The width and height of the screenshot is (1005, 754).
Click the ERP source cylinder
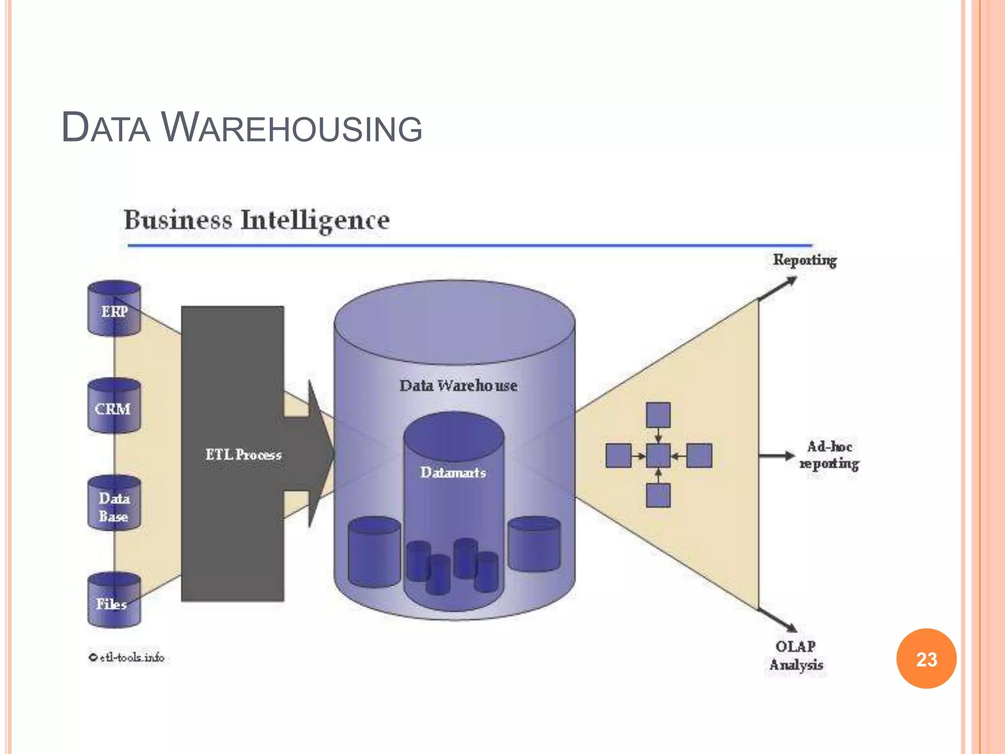(114, 309)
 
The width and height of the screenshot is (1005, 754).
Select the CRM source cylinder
(114, 406)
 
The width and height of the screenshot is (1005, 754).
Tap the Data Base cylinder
(114, 504)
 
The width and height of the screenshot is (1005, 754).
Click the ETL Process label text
(243, 455)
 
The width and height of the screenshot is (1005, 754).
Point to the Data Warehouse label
(458, 386)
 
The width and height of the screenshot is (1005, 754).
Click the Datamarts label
(453, 473)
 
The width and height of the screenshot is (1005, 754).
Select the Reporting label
(805, 260)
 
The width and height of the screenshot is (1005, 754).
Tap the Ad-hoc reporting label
(829, 456)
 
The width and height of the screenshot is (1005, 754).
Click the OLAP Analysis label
(796, 656)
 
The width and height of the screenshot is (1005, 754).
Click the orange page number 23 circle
(926, 659)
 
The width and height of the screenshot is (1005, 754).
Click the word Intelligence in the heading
(315, 220)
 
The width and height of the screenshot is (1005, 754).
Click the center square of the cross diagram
(658, 456)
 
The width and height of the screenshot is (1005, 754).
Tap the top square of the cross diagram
(658, 415)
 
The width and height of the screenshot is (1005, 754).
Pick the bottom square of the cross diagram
(658, 495)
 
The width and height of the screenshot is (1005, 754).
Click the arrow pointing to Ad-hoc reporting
(776, 456)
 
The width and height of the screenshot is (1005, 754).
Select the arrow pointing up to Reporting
(778, 289)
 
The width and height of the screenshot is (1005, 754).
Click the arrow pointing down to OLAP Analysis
(778, 621)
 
